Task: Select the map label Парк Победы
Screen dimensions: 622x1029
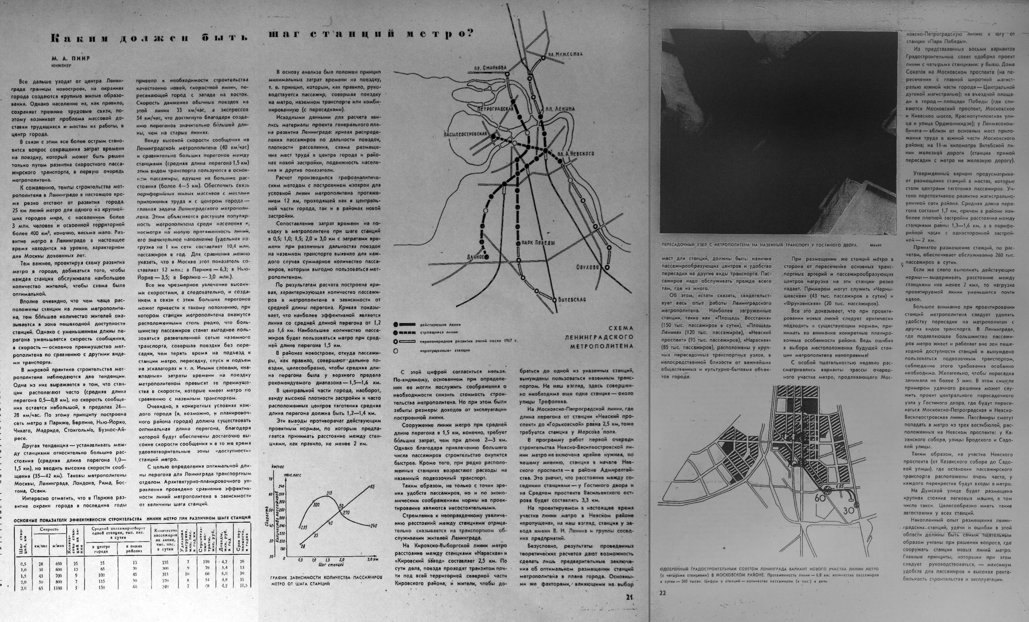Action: click(538, 243)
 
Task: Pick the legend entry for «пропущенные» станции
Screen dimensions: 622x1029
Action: click(444, 350)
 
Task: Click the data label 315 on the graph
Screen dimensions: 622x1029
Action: click(329, 493)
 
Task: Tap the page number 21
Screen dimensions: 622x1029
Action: click(630, 597)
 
